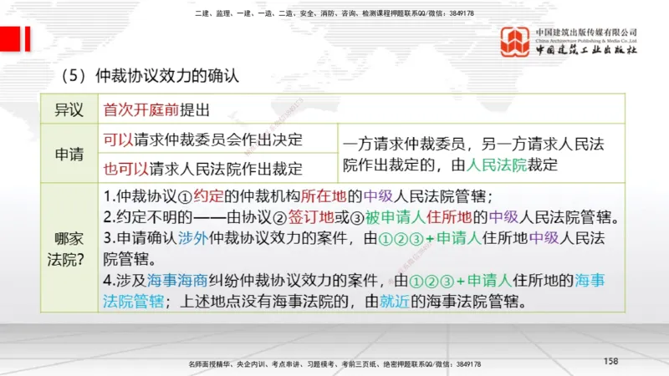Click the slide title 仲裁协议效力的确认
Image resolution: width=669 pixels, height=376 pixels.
[x=168, y=75]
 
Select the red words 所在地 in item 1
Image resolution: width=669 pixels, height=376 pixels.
[x=322, y=198]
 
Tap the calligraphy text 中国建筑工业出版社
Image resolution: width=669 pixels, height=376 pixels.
[x=585, y=50]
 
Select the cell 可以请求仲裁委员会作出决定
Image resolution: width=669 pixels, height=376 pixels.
[x=202, y=139]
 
